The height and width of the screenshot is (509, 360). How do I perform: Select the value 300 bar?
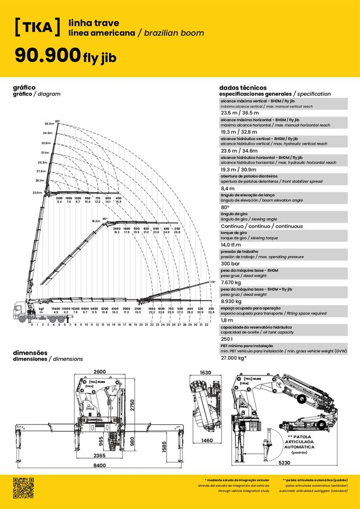[231, 264]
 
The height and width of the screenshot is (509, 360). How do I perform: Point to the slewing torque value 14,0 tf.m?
[232, 244]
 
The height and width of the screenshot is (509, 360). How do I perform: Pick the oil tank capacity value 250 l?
[226, 339]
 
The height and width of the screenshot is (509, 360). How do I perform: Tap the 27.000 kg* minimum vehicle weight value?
[234, 358]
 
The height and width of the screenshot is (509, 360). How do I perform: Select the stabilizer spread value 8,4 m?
[227, 188]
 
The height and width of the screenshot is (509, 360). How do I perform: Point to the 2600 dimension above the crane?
[99, 372]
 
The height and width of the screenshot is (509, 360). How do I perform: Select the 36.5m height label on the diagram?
[49, 123]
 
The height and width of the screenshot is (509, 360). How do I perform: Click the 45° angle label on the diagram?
[105, 218]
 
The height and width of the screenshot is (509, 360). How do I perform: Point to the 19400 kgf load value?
[55, 308]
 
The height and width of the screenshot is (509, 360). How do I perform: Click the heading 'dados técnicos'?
[243, 87]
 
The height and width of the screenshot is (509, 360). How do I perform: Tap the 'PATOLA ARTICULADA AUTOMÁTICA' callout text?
[300, 442]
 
